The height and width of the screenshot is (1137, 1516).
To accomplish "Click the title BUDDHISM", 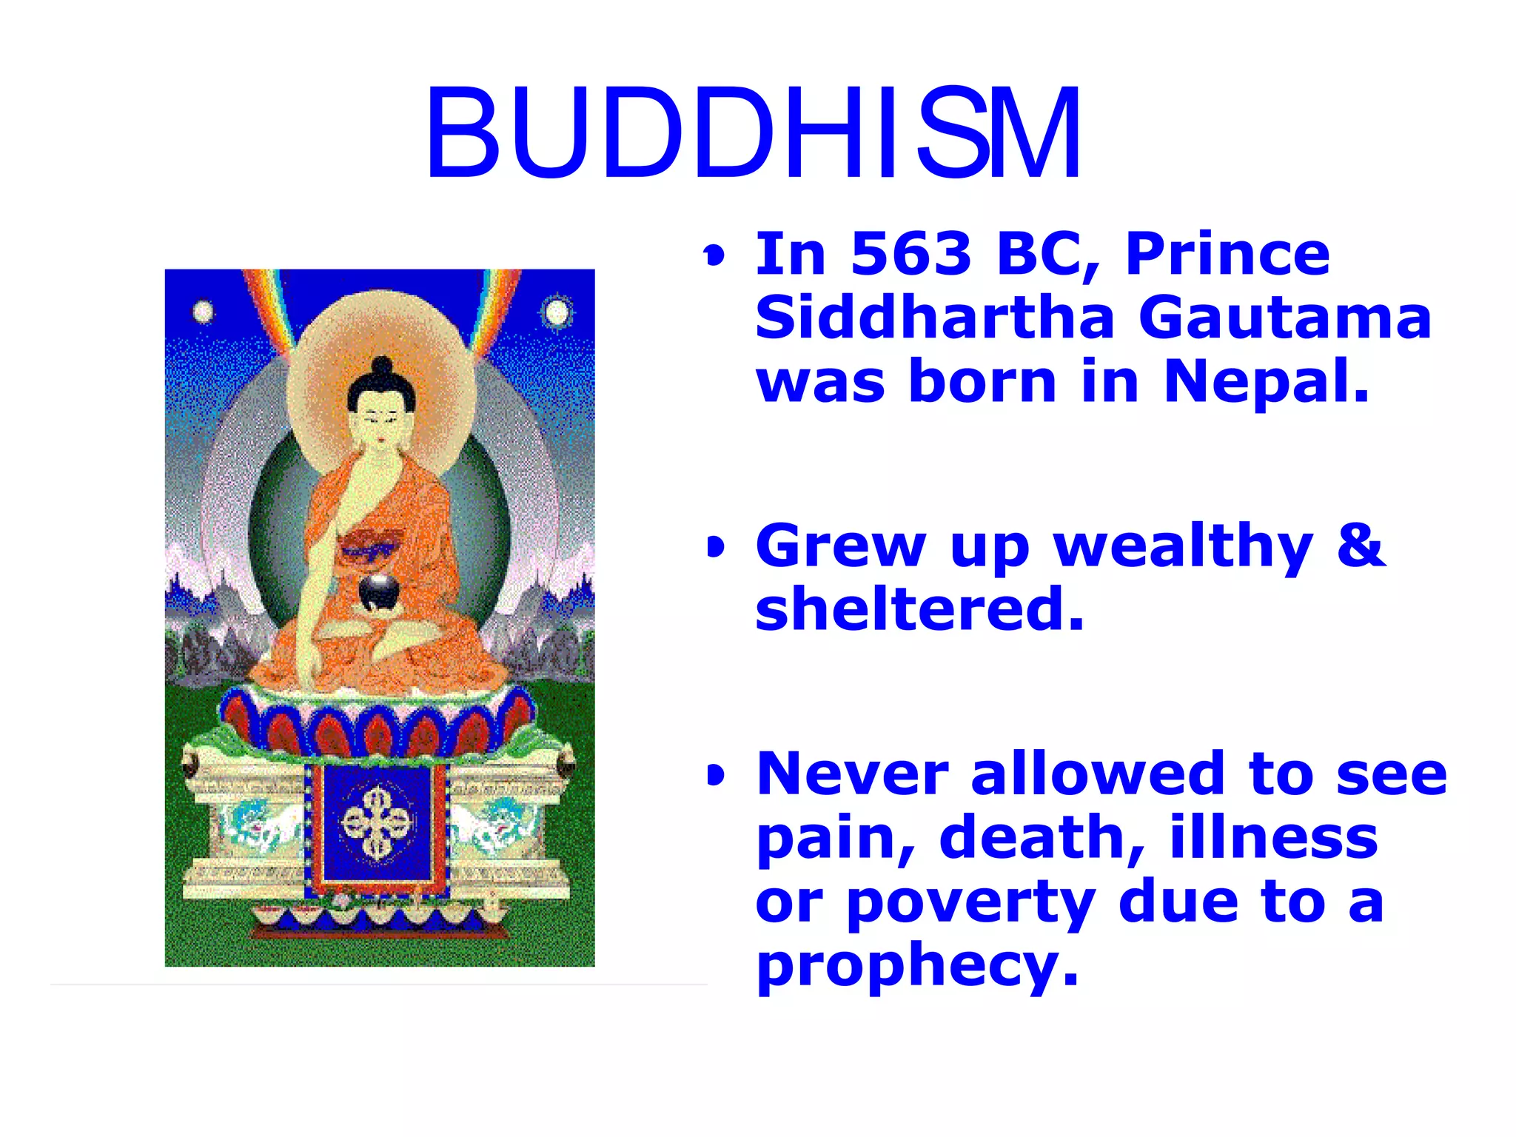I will click(x=754, y=133).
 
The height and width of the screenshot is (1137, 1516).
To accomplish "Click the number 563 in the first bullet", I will click(x=910, y=254).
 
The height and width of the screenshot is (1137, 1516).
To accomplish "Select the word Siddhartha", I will click(x=934, y=318).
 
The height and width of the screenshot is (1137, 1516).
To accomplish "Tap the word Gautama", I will click(x=1284, y=318).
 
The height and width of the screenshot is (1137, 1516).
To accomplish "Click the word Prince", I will click(x=1227, y=254).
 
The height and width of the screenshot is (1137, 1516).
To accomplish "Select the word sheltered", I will click(x=919, y=608).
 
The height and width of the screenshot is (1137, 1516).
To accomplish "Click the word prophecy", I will click(x=916, y=965).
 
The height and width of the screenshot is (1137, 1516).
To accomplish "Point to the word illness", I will click(x=1273, y=838).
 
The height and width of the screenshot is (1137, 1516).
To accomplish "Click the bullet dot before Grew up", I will click(x=715, y=548).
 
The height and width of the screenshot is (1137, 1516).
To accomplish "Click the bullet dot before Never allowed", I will click(x=715, y=776).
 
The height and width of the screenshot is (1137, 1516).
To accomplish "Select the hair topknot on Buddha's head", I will click(x=382, y=366).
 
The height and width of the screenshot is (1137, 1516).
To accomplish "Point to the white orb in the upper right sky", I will click(x=557, y=312).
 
